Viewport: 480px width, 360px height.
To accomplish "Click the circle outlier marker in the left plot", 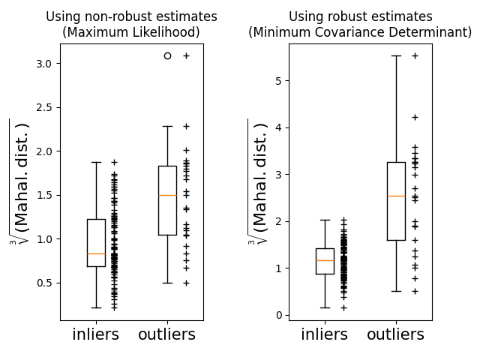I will pos(167,55).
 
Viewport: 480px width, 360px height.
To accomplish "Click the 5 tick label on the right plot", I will pos(278,81).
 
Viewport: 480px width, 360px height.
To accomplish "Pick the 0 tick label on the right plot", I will pos(278,315).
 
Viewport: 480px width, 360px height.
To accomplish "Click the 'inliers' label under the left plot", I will pos(96,334).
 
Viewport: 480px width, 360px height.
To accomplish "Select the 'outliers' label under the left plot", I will pos(167,334).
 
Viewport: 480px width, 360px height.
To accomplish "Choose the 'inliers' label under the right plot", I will pos(325,334).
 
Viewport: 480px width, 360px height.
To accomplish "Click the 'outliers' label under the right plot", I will pos(396,334).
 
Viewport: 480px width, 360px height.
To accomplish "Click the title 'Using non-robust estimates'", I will pos(131,16).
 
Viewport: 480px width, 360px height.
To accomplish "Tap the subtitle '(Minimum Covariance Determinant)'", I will pos(360,32).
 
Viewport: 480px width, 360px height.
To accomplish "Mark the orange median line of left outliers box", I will pos(167,195).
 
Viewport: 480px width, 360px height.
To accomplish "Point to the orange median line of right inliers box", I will pos(325,260).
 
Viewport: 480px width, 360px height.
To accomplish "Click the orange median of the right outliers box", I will pos(396,196).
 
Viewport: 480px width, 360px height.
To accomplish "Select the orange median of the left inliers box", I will pos(96,253).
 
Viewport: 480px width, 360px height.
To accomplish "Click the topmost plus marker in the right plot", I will pos(415,55).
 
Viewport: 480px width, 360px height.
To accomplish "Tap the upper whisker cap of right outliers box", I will pos(396,55).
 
